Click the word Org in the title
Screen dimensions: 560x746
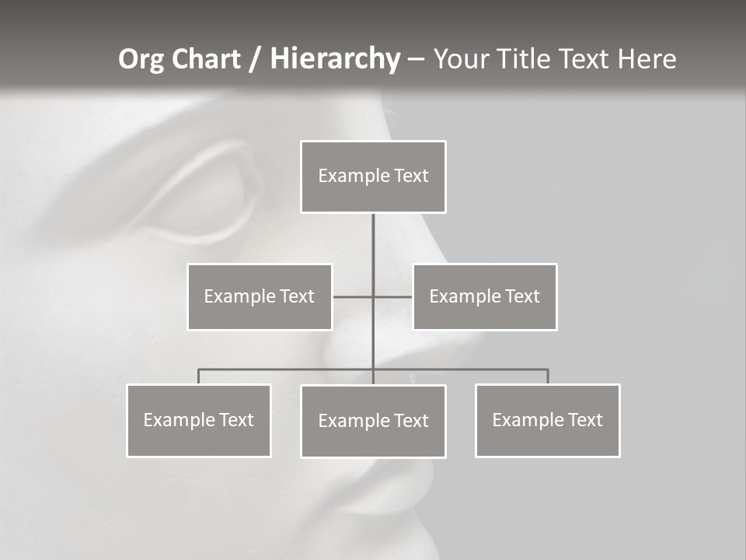141,59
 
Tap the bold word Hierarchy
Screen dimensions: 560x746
335,59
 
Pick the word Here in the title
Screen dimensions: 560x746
647,59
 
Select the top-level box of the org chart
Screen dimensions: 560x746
373,177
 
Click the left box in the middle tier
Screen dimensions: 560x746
260,296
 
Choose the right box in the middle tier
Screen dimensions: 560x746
485,296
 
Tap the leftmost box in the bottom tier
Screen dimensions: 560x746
199,420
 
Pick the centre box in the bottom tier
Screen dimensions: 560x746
373,421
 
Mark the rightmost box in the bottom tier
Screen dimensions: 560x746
548,420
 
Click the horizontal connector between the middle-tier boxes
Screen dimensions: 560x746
354,296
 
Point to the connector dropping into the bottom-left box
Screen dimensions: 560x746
199,376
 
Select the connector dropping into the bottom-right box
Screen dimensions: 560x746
548,376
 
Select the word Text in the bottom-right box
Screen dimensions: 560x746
585,420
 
